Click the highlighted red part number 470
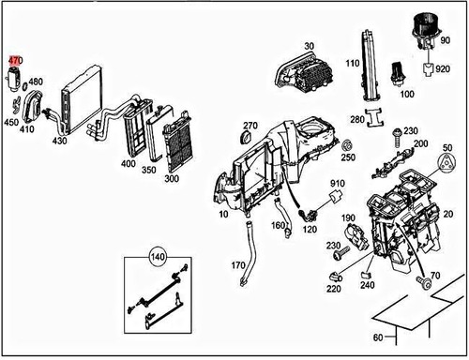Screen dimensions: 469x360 click(x=15, y=60)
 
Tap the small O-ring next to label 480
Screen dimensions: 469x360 click(x=25, y=85)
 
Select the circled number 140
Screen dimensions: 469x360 click(x=158, y=257)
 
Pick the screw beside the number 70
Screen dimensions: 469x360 click(x=424, y=281)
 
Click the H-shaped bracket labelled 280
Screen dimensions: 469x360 click(x=375, y=118)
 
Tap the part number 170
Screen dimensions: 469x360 click(x=238, y=265)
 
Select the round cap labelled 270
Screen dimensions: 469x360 click(x=247, y=138)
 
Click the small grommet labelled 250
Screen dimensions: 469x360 click(x=347, y=145)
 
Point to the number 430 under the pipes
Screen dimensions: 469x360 click(x=59, y=141)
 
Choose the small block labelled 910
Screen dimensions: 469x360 click(x=335, y=197)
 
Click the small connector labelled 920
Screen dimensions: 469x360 click(x=428, y=69)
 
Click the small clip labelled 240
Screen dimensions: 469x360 click(x=366, y=275)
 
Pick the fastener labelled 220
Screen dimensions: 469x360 click(x=336, y=277)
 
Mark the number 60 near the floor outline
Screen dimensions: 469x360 click(x=378, y=337)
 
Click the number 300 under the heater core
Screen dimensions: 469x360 click(x=172, y=179)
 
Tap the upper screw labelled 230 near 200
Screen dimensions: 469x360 click(x=398, y=137)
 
